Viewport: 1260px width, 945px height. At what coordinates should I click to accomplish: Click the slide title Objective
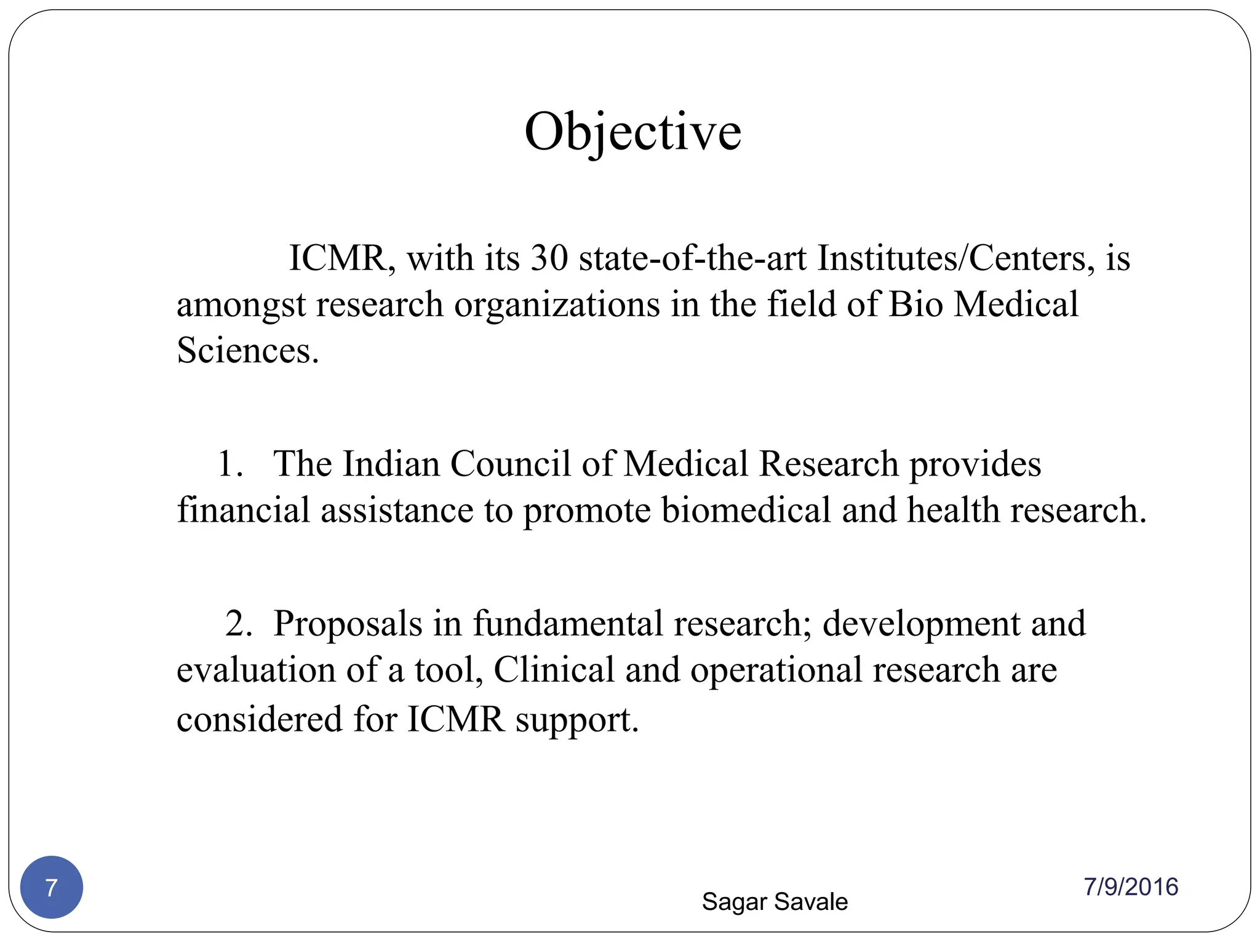[x=632, y=132]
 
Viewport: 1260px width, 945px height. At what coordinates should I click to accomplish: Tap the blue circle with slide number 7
[x=52, y=887]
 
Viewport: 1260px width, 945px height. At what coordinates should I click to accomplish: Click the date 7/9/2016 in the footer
[x=1131, y=887]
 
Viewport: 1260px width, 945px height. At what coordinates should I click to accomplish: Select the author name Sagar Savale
[x=775, y=902]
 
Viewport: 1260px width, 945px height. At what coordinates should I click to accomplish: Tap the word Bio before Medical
[x=915, y=305]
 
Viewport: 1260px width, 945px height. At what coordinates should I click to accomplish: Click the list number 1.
[x=229, y=464]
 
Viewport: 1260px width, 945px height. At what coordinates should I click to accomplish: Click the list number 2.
[x=238, y=623]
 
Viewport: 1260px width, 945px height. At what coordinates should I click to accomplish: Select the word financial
[x=243, y=511]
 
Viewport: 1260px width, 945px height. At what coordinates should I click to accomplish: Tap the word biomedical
[x=746, y=511]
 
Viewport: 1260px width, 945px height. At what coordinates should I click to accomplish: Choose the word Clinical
[x=554, y=670]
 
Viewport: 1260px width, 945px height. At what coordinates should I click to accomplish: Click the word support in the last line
[x=576, y=720]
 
